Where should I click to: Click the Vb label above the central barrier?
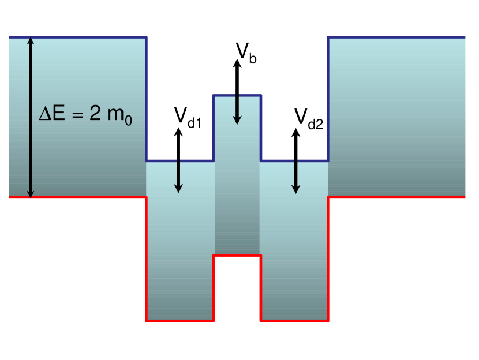pyautogui.click(x=246, y=52)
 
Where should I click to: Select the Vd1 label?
pyautogui.click(x=188, y=117)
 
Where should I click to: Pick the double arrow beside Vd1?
pyautogui.click(x=179, y=160)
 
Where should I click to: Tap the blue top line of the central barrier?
pyautogui.click(x=237, y=95)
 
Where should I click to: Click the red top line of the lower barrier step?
pyautogui.click(x=237, y=256)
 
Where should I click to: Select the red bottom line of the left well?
pyautogui.click(x=180, y=320)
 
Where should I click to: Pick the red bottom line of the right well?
pyautogui.click(x=294, y=320)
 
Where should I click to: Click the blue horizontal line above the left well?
pyautogui.click(x=180, y=161)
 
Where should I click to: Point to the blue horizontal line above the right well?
pyautogui.click(x=294, y=161)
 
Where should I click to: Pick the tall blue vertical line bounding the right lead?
pyautogui.click(x=328, y=99)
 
